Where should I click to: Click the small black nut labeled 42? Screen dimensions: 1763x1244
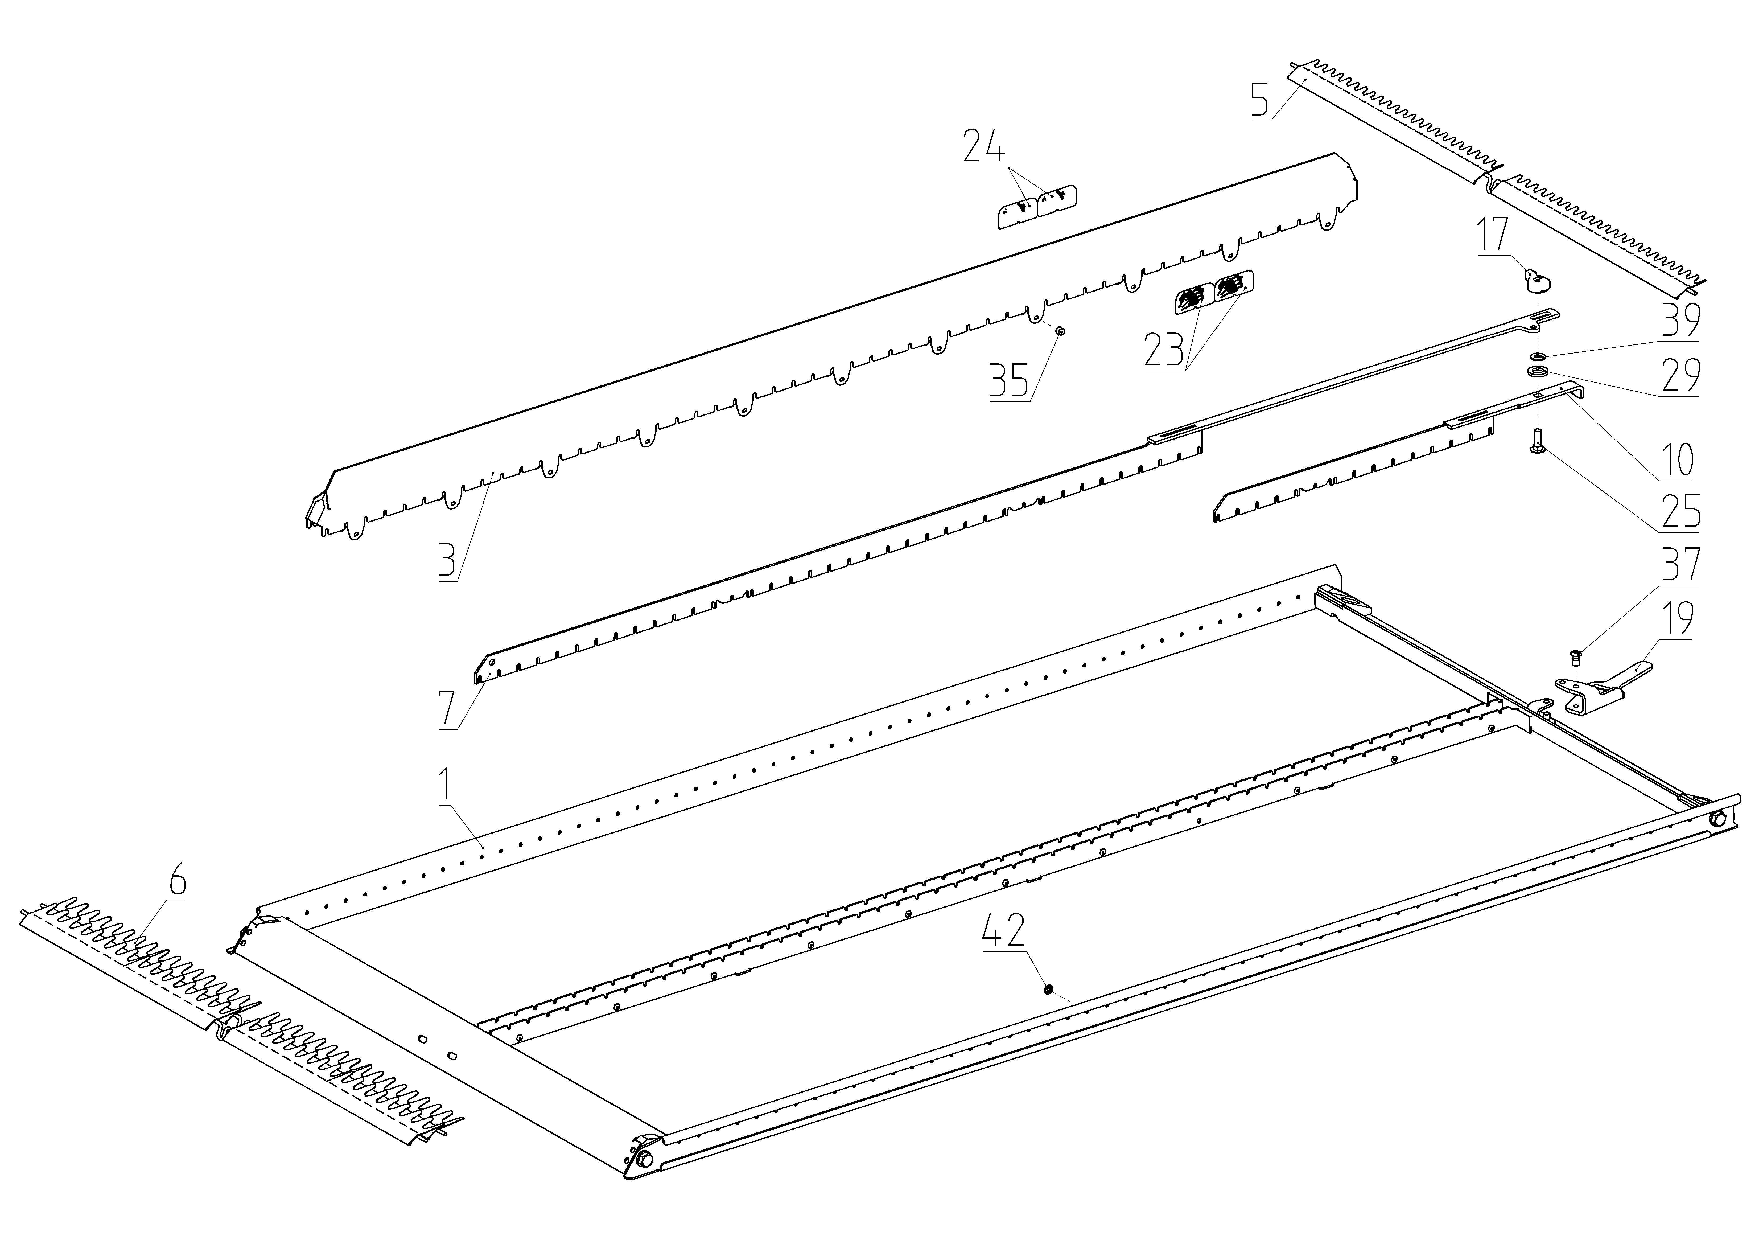[1047, 989]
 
